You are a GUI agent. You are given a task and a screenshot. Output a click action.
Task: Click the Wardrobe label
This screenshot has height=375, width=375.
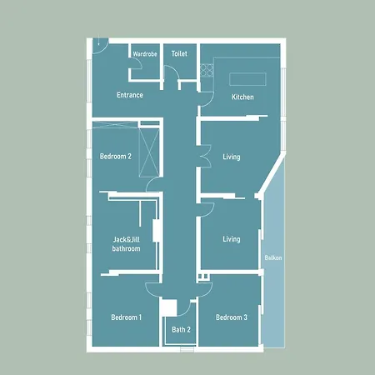pos(145,54)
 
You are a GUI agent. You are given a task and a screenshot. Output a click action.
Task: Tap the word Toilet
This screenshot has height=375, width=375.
pos(179,53)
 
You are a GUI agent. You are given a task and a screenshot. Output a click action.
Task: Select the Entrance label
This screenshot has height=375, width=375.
pos(130,95)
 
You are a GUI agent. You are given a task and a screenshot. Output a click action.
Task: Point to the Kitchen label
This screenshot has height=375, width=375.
pos(242,97)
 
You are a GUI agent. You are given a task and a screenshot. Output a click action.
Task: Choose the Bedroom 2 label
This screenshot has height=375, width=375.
pos(116,156)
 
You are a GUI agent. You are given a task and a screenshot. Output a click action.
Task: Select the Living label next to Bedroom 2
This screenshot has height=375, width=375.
pos(232,156)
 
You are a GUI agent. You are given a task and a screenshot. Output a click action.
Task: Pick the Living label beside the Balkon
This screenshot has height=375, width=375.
pos(231,239)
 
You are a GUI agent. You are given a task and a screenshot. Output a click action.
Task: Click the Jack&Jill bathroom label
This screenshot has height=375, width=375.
pos(127,243)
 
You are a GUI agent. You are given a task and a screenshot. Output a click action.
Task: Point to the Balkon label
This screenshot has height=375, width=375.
pos(273,258)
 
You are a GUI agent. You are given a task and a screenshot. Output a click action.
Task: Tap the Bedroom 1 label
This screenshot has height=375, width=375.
pos(127,317)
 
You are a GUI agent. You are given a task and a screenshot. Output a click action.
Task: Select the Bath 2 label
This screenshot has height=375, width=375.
pos(181,330)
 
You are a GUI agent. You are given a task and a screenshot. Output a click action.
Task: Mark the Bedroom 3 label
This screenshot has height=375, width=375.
pos(232,317)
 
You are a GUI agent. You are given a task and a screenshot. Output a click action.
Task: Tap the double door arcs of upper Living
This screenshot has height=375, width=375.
pos(202,157)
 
